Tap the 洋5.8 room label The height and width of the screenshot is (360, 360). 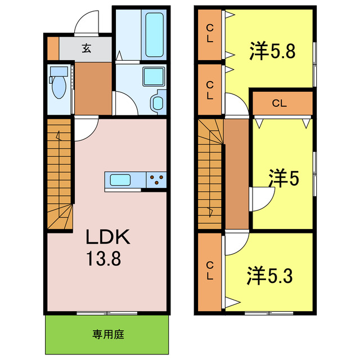coord(272,52)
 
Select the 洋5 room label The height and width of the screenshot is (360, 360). coord(283,179)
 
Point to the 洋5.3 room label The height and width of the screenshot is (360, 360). coord(269,276)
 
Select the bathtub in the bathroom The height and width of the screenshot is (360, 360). coord(154,35)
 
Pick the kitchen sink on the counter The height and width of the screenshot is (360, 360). coord(121,180)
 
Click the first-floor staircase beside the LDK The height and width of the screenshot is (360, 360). coord(59,174)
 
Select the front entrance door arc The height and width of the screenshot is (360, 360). coord(87,22)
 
